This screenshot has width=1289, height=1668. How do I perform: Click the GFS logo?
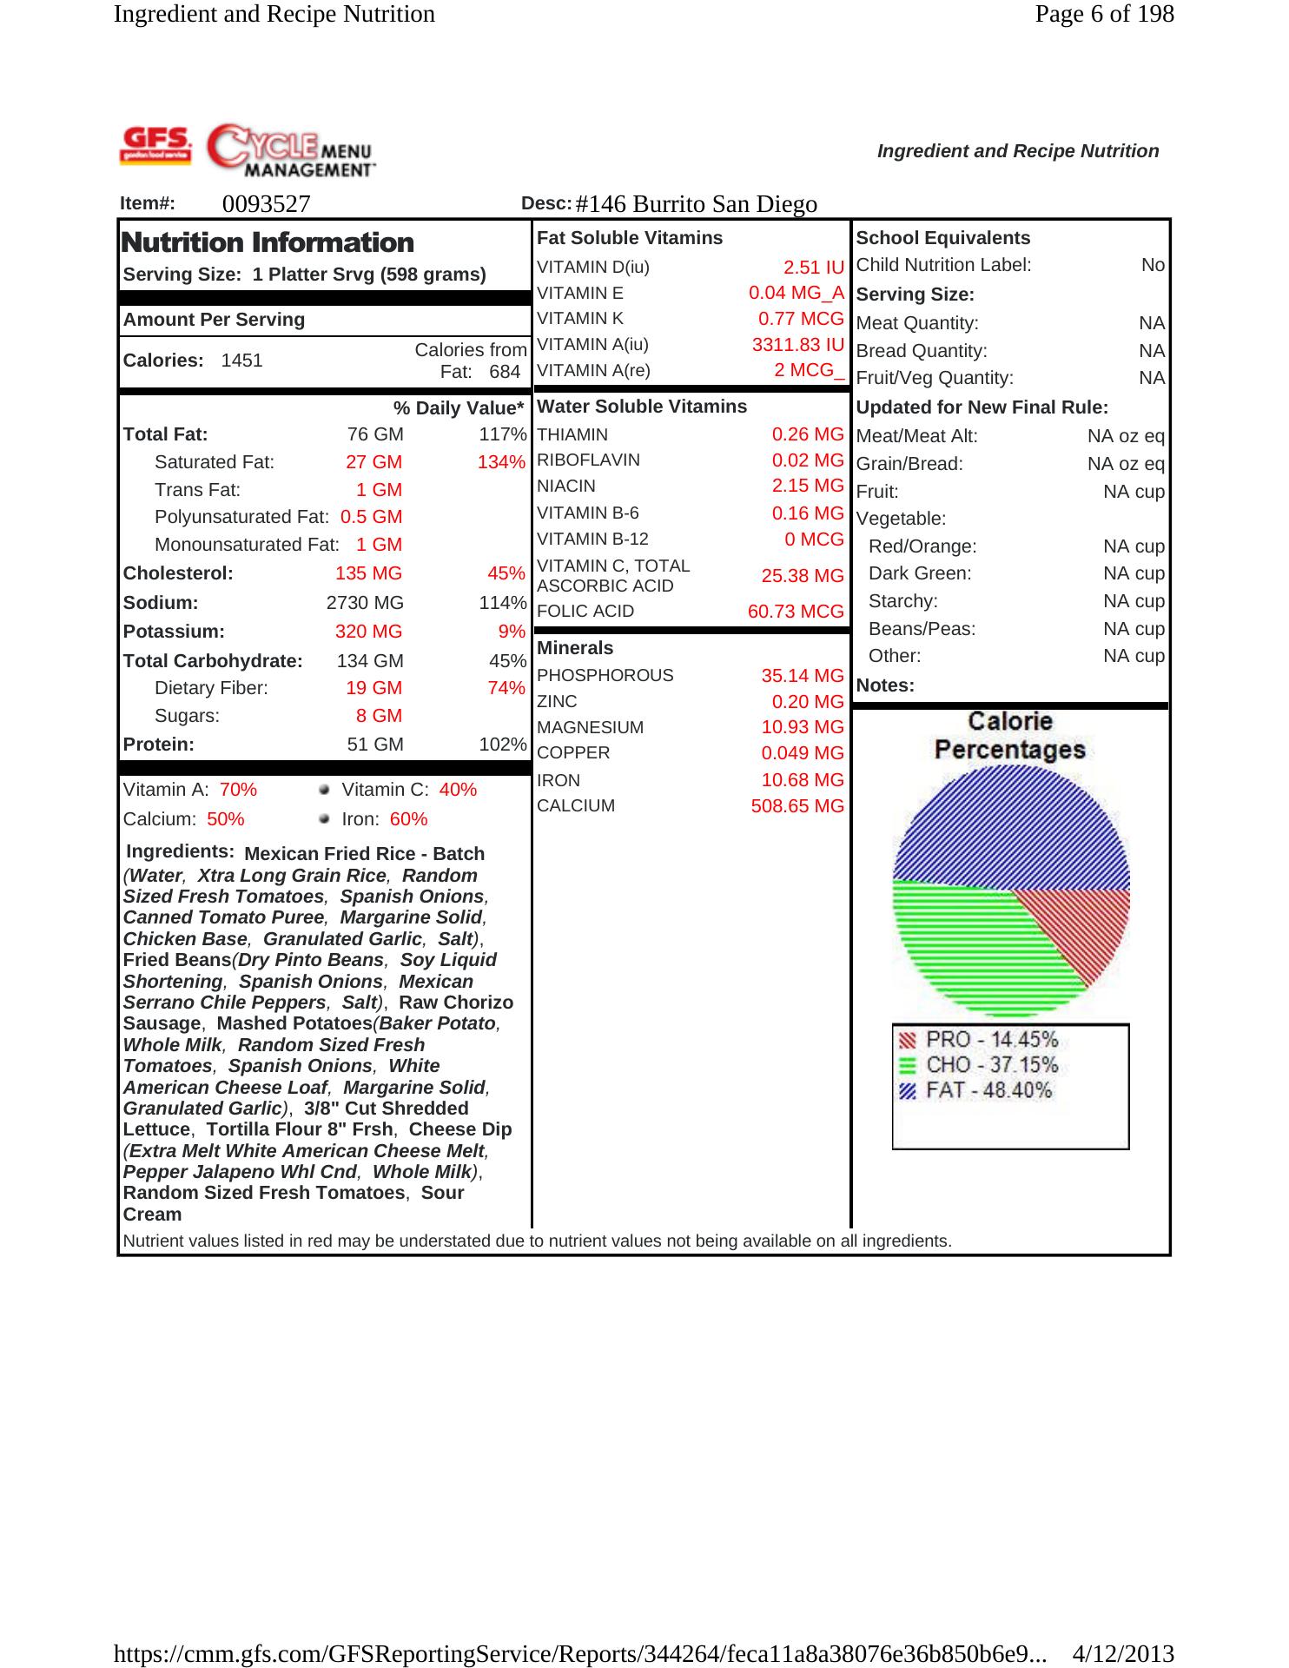(155, 144)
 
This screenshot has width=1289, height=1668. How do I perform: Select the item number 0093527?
(266, 204)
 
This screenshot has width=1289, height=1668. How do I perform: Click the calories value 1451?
(241, 361)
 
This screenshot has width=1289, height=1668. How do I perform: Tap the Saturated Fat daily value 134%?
(501, 462)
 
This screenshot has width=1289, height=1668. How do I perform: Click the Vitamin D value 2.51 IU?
(813, 268)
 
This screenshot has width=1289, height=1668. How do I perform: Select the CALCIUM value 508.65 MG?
(797, 806)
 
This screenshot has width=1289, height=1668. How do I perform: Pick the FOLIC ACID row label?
(585, 612)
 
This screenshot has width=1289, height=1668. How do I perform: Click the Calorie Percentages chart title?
(1010, 736)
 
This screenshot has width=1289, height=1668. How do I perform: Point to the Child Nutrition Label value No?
(1153, 266)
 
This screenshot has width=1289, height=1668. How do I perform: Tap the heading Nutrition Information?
(268, 242)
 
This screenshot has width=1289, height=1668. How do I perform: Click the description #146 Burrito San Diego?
(696, 204)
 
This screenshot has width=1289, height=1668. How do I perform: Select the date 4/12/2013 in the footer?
(1123, 1653)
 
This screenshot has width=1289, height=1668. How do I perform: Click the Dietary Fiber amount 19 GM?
(373, 688)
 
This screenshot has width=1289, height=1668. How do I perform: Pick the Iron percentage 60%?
(408, 819)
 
